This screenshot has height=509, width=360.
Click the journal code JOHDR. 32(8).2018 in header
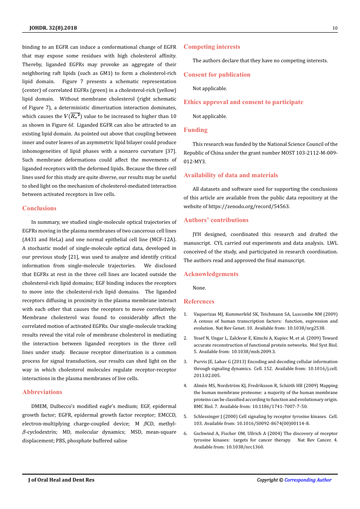[53, 28]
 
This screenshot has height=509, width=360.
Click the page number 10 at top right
[335, 28]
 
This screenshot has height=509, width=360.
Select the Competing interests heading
[212, 47]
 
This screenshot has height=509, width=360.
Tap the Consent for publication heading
[217, 74]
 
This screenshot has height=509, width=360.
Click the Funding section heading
[195, 130]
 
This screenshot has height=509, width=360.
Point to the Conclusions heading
[39, 208]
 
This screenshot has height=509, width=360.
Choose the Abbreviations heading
[42, 392]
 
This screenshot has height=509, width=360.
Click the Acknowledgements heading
[211, 274]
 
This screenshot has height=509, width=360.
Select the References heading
[199, 301]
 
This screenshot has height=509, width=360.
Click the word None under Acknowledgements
[199, 288]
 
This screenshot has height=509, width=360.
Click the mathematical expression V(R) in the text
[73, 116]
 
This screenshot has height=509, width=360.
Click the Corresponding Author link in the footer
[308, 480]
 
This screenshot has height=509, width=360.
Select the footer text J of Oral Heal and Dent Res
[61, 480]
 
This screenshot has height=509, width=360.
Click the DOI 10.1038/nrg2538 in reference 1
[307, 328]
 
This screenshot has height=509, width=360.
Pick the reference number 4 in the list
[185, 385]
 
